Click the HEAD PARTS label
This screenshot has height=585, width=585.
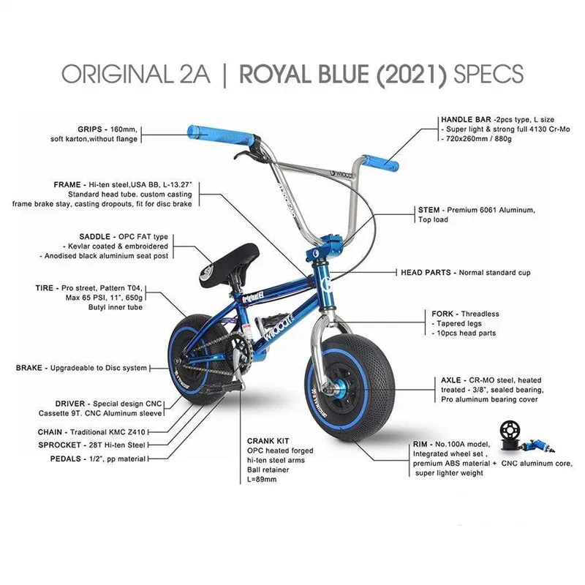coord(426,272)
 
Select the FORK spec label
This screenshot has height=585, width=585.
coord(445,314)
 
